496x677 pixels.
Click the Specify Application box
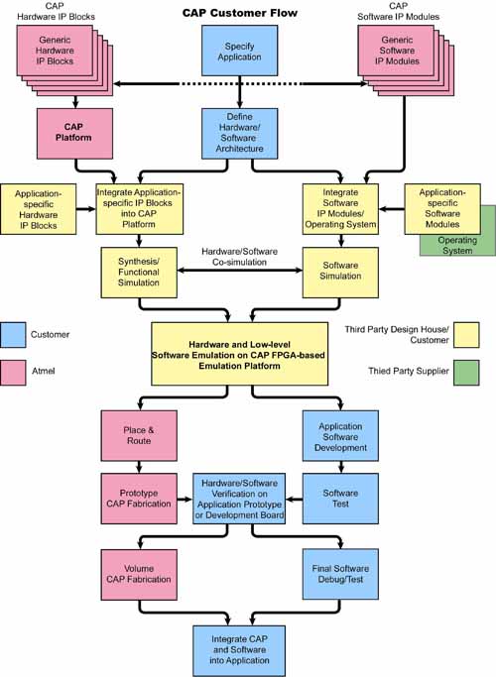point(240,51)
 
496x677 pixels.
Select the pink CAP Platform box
point(74,134)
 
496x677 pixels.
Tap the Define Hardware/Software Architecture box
point(240,134)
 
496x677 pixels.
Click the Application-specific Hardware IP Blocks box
point(39,209)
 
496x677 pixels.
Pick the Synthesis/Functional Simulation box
point(139,273)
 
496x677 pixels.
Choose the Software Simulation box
point(340,273)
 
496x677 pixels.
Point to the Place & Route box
point(139,436)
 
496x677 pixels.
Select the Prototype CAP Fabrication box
point(139,499)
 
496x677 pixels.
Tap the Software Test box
point(340,499)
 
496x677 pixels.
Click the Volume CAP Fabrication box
point(139,575)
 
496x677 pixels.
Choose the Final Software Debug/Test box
point(340,574)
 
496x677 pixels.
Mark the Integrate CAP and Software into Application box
point(239,650)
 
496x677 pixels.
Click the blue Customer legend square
point(13,335)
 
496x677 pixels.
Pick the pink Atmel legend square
point(13,372)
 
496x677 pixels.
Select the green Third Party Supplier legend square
point(466,372)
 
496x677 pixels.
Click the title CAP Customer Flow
point(240,13)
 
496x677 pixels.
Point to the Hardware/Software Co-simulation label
point(239,257)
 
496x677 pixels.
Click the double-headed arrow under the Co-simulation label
point(240,271)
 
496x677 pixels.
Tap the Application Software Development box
point(340,436)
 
